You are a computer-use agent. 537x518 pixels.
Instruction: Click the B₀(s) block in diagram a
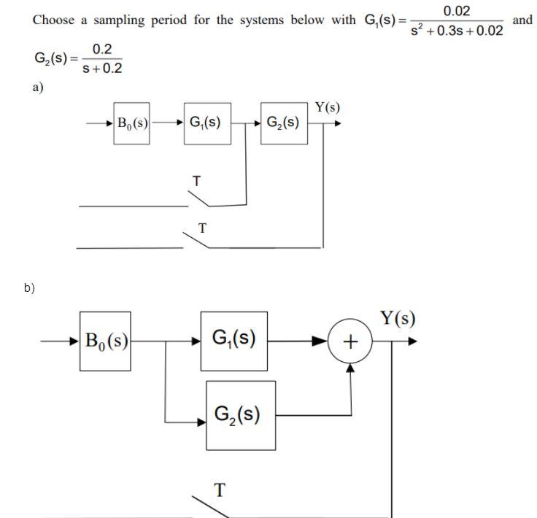(132, 123)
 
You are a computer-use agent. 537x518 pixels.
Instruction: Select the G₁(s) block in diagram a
(206, 123)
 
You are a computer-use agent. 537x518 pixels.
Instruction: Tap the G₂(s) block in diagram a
(282, 123)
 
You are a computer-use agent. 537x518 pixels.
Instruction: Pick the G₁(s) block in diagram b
(233, 339)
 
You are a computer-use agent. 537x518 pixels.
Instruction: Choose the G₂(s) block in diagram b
(240, 414)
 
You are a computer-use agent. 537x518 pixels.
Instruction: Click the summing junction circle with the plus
(350, 341)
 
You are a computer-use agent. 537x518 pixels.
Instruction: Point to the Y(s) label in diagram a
(327, 108)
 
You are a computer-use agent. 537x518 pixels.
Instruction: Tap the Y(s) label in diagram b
(398, 318)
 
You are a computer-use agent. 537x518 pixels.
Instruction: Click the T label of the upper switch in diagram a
(195, 179)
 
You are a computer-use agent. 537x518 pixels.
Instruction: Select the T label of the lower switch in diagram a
(202, 228)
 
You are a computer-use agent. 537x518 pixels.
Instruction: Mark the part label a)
(37, 88)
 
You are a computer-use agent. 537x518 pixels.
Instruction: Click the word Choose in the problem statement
(55, 20)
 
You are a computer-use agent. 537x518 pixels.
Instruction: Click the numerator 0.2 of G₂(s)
(103, 50)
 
